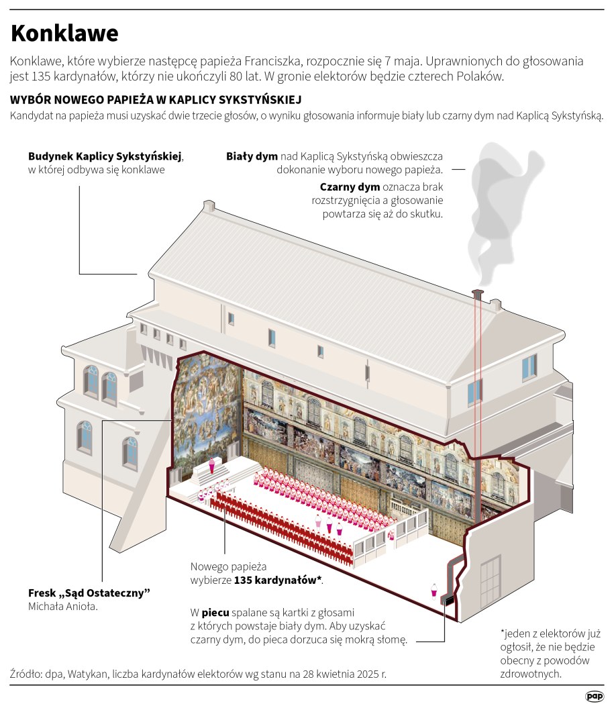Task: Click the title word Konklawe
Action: [64, 33]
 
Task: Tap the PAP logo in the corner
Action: [593, 697]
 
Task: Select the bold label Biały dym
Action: [252, 156]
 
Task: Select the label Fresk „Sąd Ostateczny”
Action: [89, 593]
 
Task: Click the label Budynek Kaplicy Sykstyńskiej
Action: [105, 156]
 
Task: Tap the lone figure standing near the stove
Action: [434, 590]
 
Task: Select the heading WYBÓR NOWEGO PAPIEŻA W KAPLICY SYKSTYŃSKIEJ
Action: [156, 100]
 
